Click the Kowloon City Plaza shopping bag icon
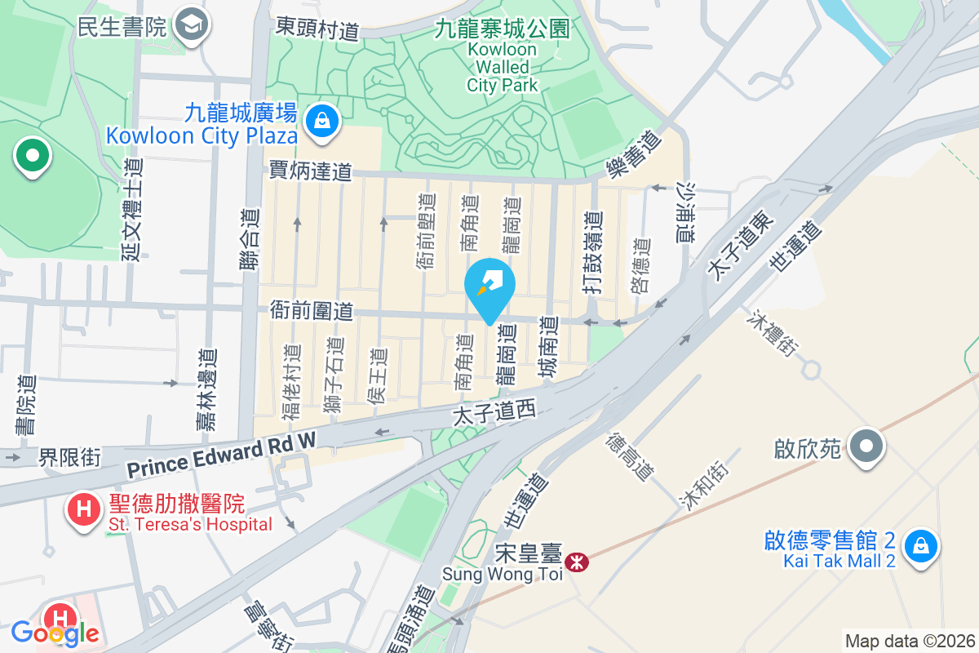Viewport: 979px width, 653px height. point(323,122)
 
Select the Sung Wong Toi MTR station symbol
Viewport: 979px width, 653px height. point(578,562)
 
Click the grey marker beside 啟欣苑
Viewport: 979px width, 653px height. point(867,446)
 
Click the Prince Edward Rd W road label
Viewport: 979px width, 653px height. point(221,455)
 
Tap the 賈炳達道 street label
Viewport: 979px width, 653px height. point(311,171)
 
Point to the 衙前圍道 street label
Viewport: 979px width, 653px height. point(312,311)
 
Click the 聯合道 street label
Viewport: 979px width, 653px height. point(253,239)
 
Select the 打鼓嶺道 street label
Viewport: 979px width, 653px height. point(593,251)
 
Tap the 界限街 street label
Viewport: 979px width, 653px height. point(69,457)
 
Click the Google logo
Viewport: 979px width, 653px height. point(55,633)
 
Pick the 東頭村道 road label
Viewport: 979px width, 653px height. point(317,29)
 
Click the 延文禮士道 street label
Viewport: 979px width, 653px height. point(132,210)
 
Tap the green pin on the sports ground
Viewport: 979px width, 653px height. point(32,156)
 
